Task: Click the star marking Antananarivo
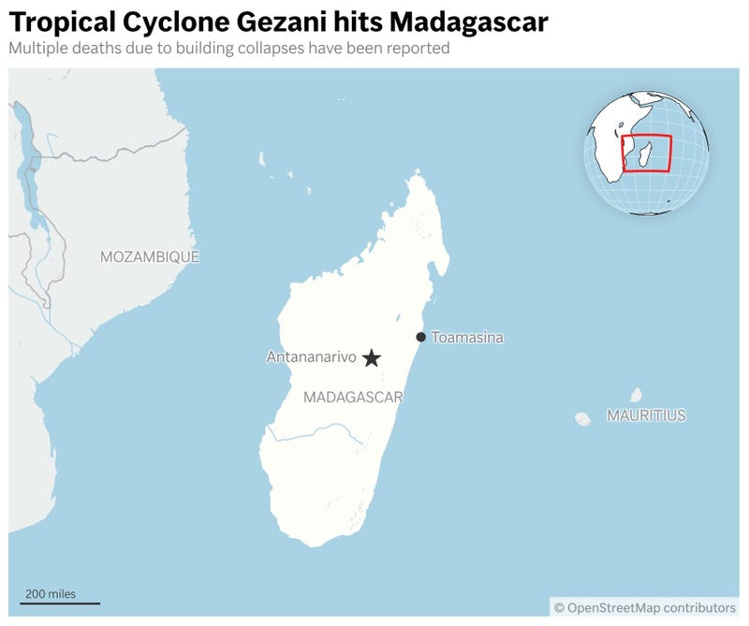tap(372, 357)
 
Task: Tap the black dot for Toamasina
tap(421, 337)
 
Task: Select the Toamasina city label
tap(467, 337)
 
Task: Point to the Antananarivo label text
tap(312, 357)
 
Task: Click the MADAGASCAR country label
tap(353, 398)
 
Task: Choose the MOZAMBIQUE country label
tap(150, 256)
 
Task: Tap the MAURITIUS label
tap(645, 415)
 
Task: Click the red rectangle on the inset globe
tap(647, 153)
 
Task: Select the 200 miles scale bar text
tap(51, 593)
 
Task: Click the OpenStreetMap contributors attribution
tap(645, 607)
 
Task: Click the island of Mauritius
tap(637, 395)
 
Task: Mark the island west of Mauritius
tap(582, 418)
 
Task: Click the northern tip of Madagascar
tap(416, 174)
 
